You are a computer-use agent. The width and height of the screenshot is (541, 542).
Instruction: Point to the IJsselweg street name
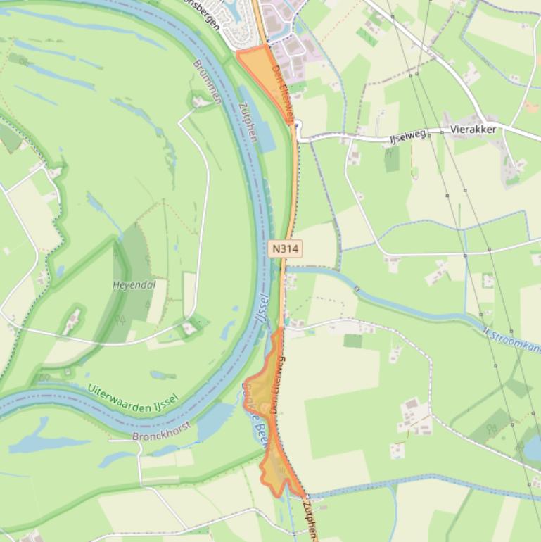(x=408, y=136)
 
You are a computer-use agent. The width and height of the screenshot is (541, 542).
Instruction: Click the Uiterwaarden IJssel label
(x=133, y=397)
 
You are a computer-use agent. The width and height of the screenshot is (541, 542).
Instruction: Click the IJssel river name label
(x=260, y=314)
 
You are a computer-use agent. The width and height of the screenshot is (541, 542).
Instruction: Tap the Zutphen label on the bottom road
(x=310, y=521)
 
